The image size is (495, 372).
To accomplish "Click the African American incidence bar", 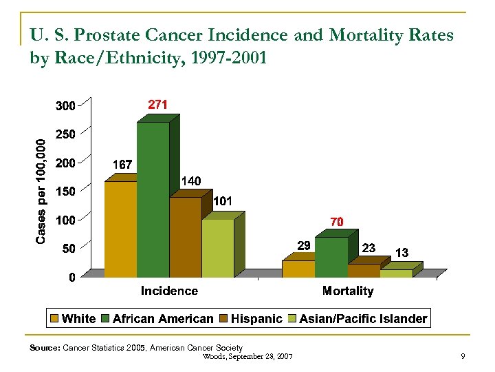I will click(153, 200).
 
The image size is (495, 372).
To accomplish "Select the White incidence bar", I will click(120, 229).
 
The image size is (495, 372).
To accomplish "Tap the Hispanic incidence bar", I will click(185, 237).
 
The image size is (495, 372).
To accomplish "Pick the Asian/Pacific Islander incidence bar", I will click(217, 248).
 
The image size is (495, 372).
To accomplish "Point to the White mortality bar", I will click(298, 269).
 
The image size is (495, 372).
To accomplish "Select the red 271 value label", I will click(158, 104).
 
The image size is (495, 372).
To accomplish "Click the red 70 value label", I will click(336, 222).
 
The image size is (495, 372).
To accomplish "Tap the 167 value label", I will click(122, 165).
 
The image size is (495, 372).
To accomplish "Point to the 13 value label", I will click(401, 253).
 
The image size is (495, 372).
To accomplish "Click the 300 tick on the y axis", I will click(65, 106).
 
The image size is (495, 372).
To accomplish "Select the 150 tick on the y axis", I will click(65, 192).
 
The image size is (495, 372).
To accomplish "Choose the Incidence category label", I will click(169, 291).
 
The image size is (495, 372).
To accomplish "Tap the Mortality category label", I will click(348, 291).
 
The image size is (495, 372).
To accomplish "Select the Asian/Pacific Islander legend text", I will click(363, 319).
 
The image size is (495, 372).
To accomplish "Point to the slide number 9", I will click(463, 356).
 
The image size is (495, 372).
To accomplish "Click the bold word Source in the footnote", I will click(45, 348).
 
